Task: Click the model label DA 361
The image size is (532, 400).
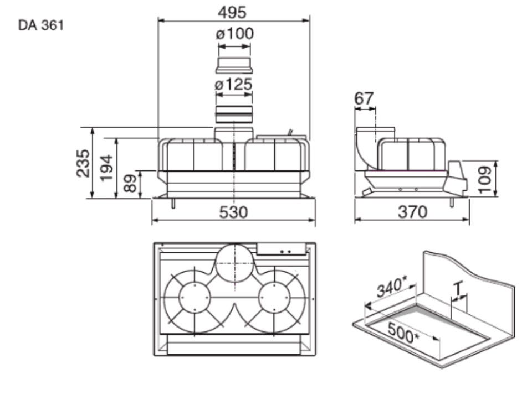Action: coord(40,25)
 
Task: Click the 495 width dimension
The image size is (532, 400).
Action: coord(232,13)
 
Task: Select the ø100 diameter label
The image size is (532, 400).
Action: coord(234,34)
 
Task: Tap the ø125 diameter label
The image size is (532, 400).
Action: coord(234,84)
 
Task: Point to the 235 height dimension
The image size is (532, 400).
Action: coord(83,163)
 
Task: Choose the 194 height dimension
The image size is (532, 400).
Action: coord(106,168)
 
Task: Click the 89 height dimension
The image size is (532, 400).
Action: coord(130,183)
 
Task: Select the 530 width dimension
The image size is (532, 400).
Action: coord(233,212)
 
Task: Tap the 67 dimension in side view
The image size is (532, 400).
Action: coord(365,98)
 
